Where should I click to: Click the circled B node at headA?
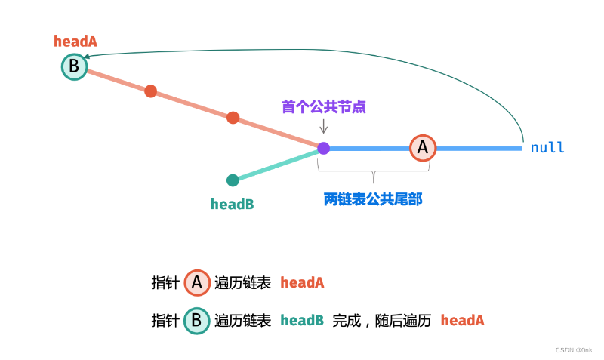74,67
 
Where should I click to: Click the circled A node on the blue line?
423,148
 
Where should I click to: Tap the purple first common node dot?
323,149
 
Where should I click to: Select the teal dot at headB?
233,180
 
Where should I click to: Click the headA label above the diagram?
75,42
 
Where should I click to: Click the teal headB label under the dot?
232,204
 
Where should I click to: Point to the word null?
547,148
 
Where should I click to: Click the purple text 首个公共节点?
323,106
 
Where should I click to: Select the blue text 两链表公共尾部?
372,199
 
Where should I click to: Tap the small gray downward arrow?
323,126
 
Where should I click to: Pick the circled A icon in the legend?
197,283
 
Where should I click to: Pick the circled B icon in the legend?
196,321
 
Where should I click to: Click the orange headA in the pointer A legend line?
302,283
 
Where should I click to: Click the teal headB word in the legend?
302,321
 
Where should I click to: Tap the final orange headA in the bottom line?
462,321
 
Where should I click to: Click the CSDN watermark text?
574,350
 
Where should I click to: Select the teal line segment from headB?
276,165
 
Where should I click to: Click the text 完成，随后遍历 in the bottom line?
381,321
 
